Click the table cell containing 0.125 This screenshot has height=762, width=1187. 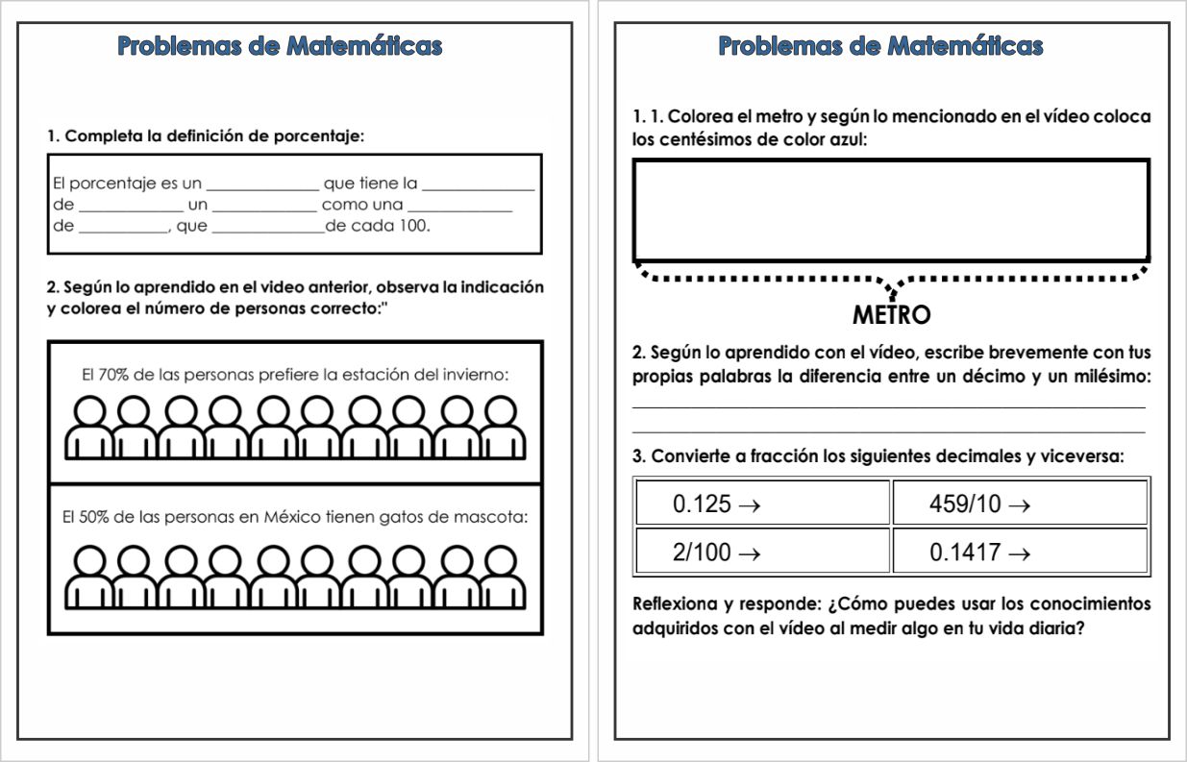(762, 503)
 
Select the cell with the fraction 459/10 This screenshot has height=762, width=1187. (1020, 503)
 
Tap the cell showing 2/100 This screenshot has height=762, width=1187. (762, 552)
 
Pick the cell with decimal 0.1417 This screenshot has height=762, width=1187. (1020, 552)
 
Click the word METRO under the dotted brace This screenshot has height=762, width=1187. (891, 314)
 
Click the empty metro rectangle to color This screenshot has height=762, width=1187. (891, 210)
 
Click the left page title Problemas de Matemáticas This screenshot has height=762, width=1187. (280, 46)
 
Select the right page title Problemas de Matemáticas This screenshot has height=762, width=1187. (881, 46)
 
